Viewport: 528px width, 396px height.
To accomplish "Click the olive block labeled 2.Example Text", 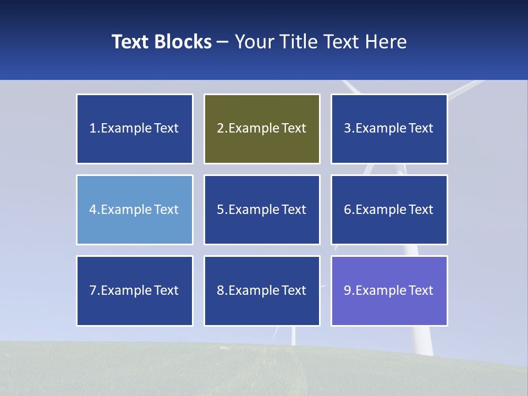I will click(262, 129).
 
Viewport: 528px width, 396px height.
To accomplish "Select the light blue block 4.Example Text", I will click(135, 210).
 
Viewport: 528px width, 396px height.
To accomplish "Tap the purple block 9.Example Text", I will click(389, 290).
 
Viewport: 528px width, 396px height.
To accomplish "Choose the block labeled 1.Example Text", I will click(135, 129).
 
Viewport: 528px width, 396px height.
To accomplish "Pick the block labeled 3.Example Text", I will click(389, 129).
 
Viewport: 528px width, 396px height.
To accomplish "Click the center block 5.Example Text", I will click(262, 210).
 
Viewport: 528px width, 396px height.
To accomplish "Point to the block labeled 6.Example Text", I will click(389, 210).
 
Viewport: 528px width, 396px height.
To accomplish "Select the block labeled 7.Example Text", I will click(135, 290).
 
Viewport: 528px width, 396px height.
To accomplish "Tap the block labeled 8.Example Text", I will click(262, 290).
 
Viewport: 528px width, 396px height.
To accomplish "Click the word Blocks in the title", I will click(183, 42).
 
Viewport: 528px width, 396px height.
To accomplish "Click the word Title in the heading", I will click(298, 42).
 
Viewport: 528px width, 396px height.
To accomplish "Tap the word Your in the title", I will click(254, 42).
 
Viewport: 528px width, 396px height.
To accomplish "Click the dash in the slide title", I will click(223, 42).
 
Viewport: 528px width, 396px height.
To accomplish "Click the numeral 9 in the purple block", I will click(348, 290).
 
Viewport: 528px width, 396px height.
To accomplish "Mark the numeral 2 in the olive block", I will click(220, 129).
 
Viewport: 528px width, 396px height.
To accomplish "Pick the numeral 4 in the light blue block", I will click(93, 210).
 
